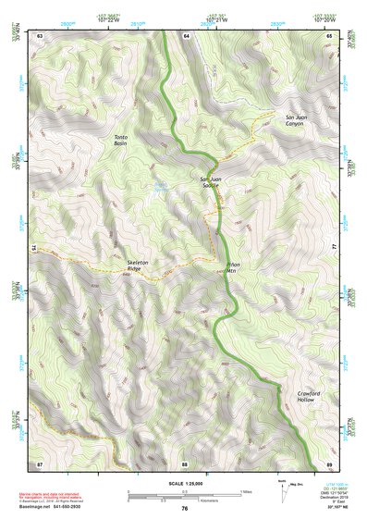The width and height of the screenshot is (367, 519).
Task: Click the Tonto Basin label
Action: coord(121,140)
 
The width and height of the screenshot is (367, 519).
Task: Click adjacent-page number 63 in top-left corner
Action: coord(40,34)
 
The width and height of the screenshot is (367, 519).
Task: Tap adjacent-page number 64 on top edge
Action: coord(185,34)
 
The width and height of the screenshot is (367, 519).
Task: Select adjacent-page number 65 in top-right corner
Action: coord(330,34)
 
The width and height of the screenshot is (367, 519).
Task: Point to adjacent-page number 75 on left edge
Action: coord(34,248)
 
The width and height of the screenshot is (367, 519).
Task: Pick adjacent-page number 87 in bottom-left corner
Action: coord(40,463)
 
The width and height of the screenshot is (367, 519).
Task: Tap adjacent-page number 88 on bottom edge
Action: coord(185,463)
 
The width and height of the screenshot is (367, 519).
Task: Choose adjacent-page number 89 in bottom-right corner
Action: coord(330,463)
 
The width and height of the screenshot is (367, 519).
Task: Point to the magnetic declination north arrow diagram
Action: coord(283,492)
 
